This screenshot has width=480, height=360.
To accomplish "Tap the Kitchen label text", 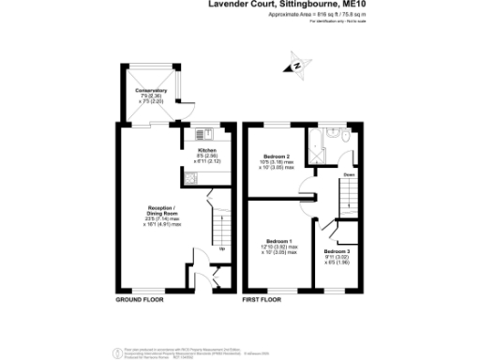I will tap(206, 150).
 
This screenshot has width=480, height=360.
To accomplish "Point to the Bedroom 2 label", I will tap(277, 156).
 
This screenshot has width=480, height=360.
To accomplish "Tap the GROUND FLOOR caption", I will tap(140, 300).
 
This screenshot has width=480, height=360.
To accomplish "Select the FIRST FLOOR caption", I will tap(263, 300).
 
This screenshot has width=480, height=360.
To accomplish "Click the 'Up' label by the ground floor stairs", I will tap(221, 248).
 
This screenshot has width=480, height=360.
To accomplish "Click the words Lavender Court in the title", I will tap(236, 5).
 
